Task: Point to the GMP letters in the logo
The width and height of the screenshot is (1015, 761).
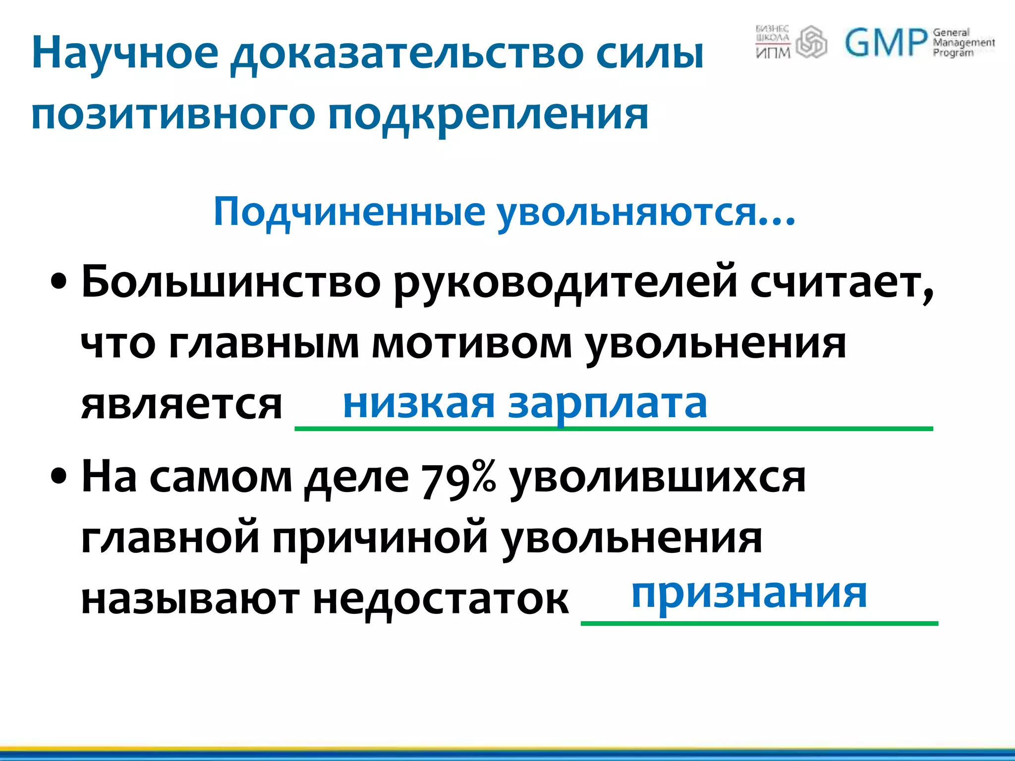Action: [885, 43]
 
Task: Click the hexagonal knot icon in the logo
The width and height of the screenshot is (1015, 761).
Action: [811, 42]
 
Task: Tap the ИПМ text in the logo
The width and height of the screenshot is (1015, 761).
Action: [773, 52]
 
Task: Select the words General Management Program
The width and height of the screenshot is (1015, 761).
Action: [963, 43]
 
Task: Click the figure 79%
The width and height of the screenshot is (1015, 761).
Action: [458, 479]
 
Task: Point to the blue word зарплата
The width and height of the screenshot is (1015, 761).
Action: [607, 404]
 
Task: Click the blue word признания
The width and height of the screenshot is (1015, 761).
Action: [749, 594]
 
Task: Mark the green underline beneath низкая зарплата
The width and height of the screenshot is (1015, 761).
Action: [614, 429]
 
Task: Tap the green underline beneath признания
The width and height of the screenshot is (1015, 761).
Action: [759, 623]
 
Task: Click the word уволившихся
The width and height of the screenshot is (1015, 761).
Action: [657, 479]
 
